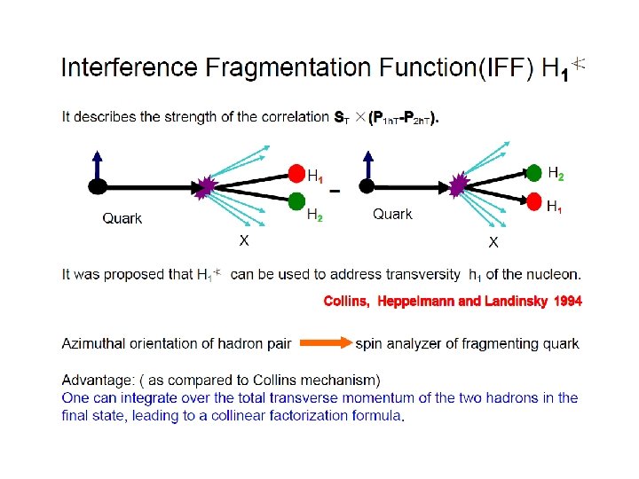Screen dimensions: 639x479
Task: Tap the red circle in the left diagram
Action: [x=296, y=173]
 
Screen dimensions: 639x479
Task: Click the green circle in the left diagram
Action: [x=296, y=200]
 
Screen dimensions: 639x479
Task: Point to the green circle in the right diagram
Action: [x=534, y=172]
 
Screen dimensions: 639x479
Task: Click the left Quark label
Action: [x=122, y=218]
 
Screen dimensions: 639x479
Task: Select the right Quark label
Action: [x=392, y=214]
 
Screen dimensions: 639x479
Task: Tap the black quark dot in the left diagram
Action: [x=98, y=186]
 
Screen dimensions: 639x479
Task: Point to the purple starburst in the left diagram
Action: [x=207, y=185]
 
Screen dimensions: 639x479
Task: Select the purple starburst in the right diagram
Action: [x=459, y=185]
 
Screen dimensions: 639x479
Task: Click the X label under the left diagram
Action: [x=241, y=240]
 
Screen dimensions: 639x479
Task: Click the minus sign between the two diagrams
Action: [x=334, y=190]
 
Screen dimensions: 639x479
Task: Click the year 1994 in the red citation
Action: [x=568, y=302]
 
